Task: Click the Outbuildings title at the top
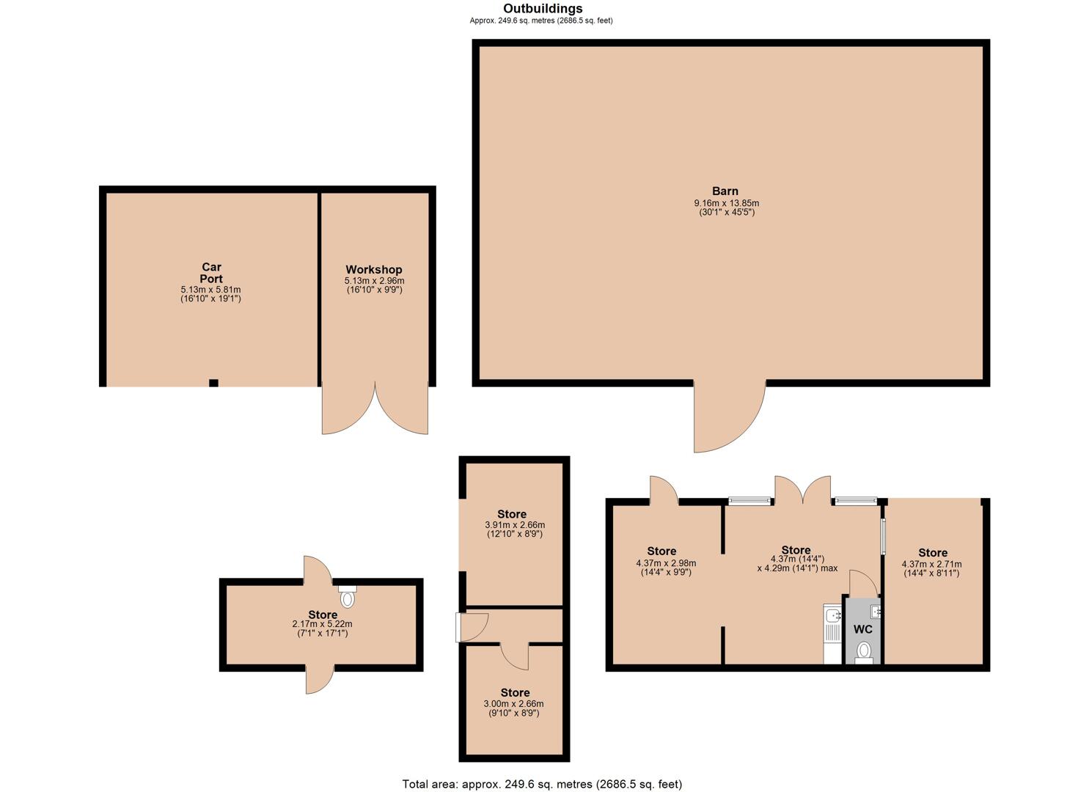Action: (x=543, y=9)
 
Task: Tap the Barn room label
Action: (x=725, y=191)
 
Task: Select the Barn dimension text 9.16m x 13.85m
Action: (x=726, y=203)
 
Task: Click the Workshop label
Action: (x=374, y=269)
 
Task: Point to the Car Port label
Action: (x=211, y=273)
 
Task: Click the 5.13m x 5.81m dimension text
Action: (x=210, y=290)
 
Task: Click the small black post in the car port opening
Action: (x=213, y=383)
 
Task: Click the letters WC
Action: (x=863, y=629)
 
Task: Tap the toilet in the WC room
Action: (x=863, y=653)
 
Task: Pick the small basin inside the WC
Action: (x=876, y=611)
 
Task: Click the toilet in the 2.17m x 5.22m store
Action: (x=347, y=596)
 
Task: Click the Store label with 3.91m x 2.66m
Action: (x=512, y=514)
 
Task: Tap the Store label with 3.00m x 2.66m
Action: (x=516, y=692)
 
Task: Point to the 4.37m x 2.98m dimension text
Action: (x=666, y=563)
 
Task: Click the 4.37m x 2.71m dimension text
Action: (x=931, y=564)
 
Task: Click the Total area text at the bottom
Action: (x=542, y=771)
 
